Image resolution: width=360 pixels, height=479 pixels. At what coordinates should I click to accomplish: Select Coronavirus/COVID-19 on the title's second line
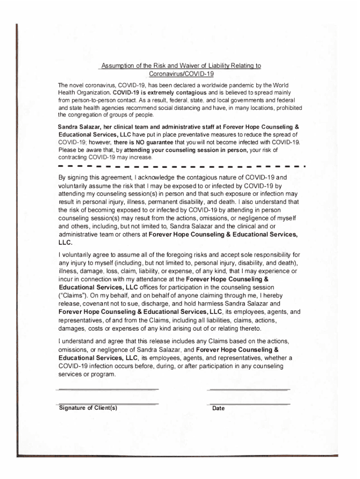pos(180,74)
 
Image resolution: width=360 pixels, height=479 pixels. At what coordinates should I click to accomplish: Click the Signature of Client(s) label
pos(88,408)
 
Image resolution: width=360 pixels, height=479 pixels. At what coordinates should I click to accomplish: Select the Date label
pos(218,408)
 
